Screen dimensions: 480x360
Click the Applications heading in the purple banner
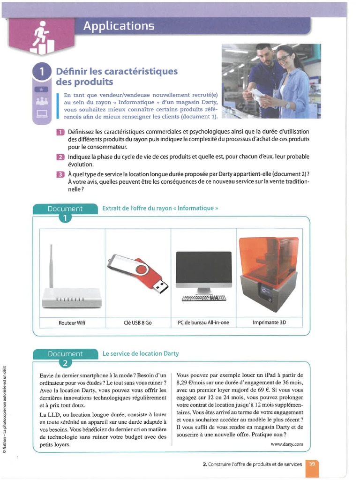tap(119, 26)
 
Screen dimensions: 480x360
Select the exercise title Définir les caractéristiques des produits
tap(117, 76)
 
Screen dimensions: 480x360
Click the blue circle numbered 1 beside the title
tap(42, 72)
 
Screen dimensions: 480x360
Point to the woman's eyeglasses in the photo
tap(283, 58)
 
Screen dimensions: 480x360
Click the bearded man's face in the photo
tap(265, 56)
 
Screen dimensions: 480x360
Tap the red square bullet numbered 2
tap(60, 157)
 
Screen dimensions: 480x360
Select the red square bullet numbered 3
tap(60, 174)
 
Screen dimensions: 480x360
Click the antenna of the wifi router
tap(51, 265)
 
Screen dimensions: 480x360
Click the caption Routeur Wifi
tap(72, 323)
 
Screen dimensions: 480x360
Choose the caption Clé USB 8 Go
tap(137, 323)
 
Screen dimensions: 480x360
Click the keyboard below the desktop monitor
tap(203, 298)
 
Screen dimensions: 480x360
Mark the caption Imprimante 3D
tap(269, 323)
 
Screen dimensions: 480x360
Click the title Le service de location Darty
tap(141, 353)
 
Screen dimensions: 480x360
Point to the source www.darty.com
tap(287, 443)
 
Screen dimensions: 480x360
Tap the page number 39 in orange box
tap(312, 464)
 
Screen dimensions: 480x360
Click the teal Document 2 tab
tap(65, 354)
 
